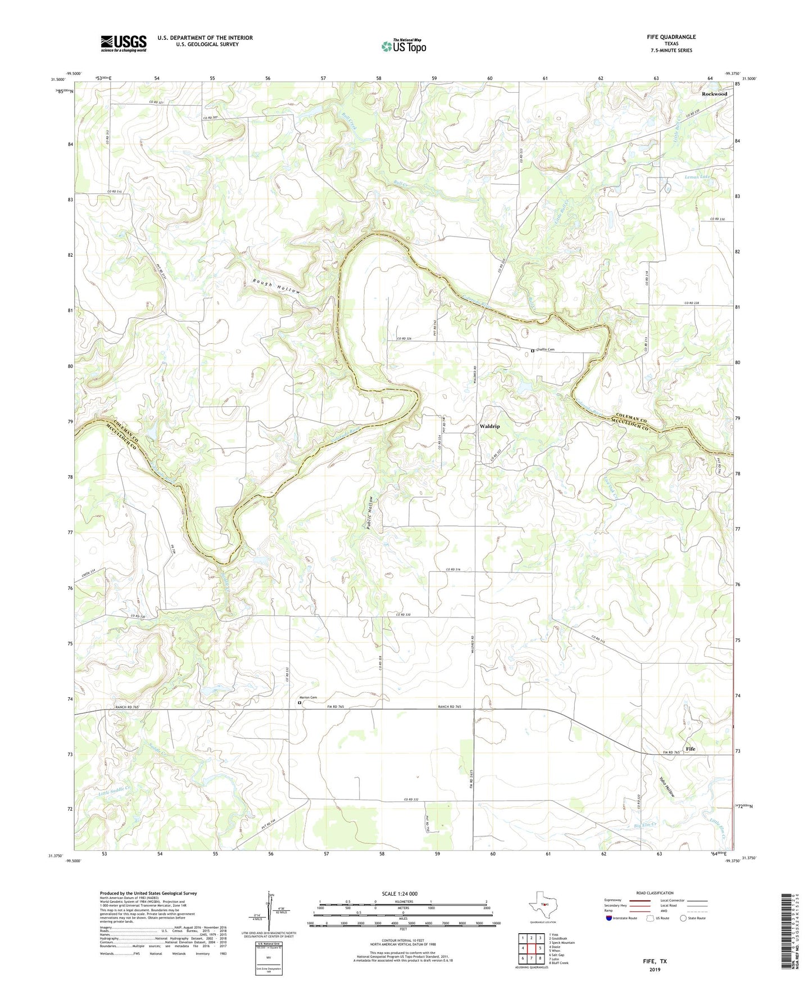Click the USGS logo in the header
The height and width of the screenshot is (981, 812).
pyautogui.click(x=124, y=43)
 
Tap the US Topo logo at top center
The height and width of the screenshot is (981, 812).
pyautogui.click(x=403, y=46)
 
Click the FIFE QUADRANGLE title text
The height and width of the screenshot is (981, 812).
pyautogui.click(x=671, y=37)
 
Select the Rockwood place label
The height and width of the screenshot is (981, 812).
pyautogui.click(x=714, y=94)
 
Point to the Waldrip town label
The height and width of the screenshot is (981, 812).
pyautogui.click(x=489, y=426)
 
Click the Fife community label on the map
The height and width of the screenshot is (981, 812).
pyautogui.click(x=690, y=749)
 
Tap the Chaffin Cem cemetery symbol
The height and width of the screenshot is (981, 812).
pyautogui.click(x=533, y=351)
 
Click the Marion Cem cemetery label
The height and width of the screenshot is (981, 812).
pyautogui.click(x=308, y=697)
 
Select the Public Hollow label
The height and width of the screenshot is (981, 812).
pyautogui.click(x=369, y=513)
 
